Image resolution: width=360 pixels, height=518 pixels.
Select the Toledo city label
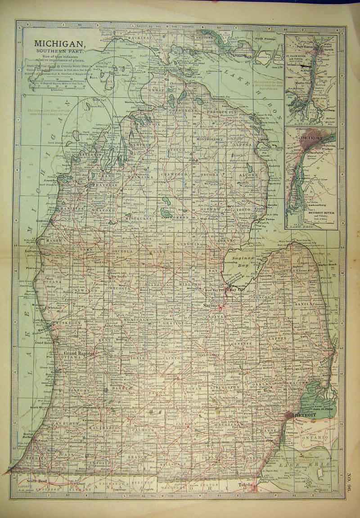(247, 486)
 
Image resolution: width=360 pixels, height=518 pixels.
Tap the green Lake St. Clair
(319, 398)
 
